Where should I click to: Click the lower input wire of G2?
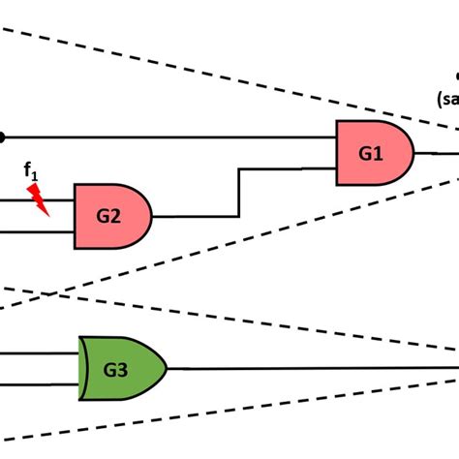[x=39, y=231]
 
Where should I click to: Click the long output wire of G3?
[x=310, y=368]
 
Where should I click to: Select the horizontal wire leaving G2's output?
[x=194, y=215]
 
